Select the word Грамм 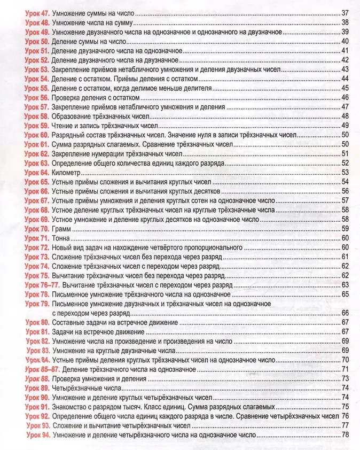[x=61, y=228]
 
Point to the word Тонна [x=62, y=238]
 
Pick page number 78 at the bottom [x=345, y=436]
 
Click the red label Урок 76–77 [x=44, y=285]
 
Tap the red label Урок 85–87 [x=44, y=369]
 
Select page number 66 [x=345, y=313]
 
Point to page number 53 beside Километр [x=345, y=172]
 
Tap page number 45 [x=345, y=88]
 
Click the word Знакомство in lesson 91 [x=73, y=407]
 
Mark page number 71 [x=345, y=369]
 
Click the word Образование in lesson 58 [x=74, y=116]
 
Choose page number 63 [x=345, y=285]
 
